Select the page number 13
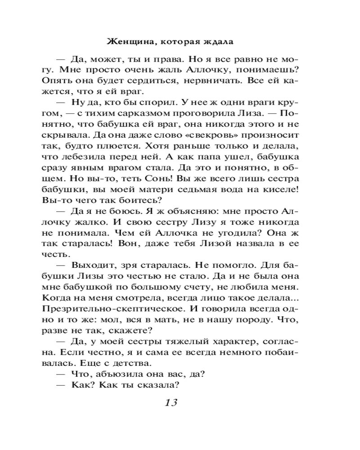[x=171, y=402]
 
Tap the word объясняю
[x=187, y=211]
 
